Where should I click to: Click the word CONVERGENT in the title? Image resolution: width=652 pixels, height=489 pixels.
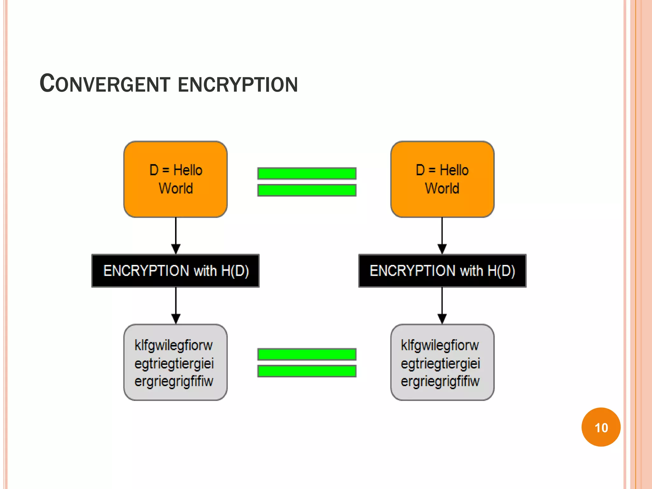105,84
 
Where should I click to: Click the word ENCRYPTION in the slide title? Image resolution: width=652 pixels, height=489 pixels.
237,85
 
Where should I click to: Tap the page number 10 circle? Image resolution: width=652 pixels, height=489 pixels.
601,427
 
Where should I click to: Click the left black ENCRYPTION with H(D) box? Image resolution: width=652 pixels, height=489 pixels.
175,271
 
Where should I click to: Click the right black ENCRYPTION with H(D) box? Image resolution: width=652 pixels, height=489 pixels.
442,271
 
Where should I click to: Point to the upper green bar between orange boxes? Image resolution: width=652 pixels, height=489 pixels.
307,174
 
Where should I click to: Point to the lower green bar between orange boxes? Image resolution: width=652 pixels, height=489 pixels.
307,190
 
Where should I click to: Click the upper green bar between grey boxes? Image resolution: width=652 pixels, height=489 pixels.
307,354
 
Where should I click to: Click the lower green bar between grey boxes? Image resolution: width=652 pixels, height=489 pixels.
307,371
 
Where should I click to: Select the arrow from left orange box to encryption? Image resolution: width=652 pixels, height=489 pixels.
176,236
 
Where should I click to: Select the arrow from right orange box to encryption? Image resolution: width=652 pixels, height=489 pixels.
442,236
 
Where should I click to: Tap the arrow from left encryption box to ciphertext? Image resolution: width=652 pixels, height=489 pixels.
176,306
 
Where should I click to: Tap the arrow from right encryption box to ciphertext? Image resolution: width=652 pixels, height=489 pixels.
442,306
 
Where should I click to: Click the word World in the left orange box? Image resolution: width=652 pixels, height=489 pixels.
176,188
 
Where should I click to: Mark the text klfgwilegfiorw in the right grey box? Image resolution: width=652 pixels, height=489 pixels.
440,345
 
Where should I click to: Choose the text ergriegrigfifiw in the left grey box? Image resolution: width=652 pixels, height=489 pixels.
174,381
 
